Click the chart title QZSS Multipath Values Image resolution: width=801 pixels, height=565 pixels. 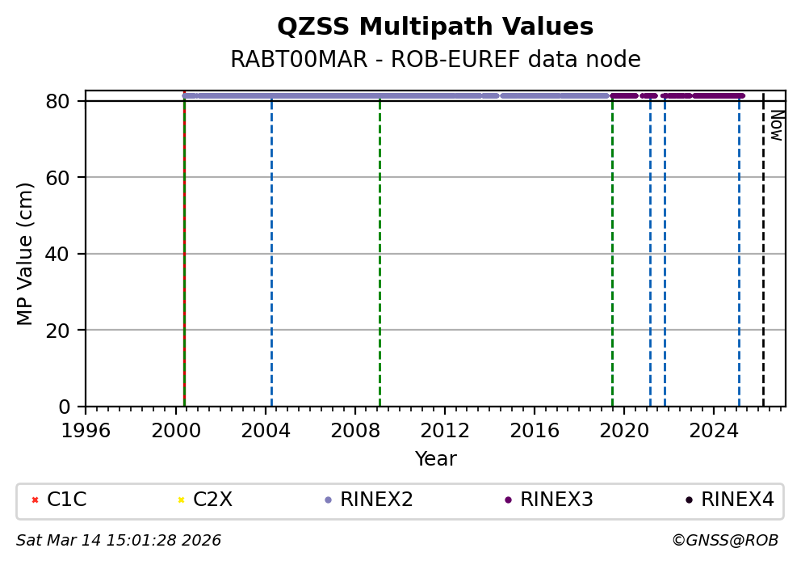click(435, 27)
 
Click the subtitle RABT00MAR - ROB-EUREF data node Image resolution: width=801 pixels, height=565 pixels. click(435, 60)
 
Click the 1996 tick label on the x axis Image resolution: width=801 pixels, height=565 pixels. click(86, 430)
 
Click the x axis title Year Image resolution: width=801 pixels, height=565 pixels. click(435, 459)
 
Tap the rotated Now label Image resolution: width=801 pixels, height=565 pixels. click(776, 125)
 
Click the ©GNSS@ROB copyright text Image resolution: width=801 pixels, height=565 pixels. click(724, 540)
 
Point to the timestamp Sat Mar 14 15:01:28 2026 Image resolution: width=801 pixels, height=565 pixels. click(119, 540)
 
